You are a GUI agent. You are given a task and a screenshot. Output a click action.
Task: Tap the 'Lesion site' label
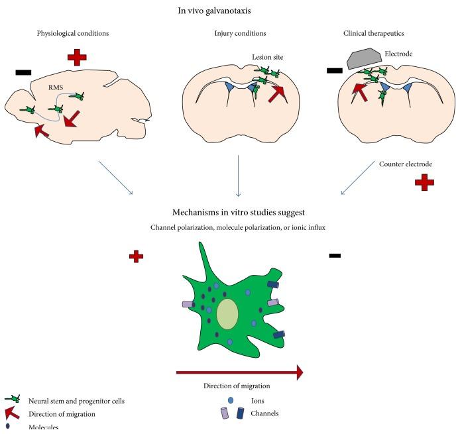(268, 58)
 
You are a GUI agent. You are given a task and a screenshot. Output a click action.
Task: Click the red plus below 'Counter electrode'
(424, 183)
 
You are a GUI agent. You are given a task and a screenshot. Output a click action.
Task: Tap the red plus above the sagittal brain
(77, 57)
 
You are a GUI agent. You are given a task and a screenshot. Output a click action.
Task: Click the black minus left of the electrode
(335, 69)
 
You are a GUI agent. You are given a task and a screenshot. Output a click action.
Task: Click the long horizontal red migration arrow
(239, 372)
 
